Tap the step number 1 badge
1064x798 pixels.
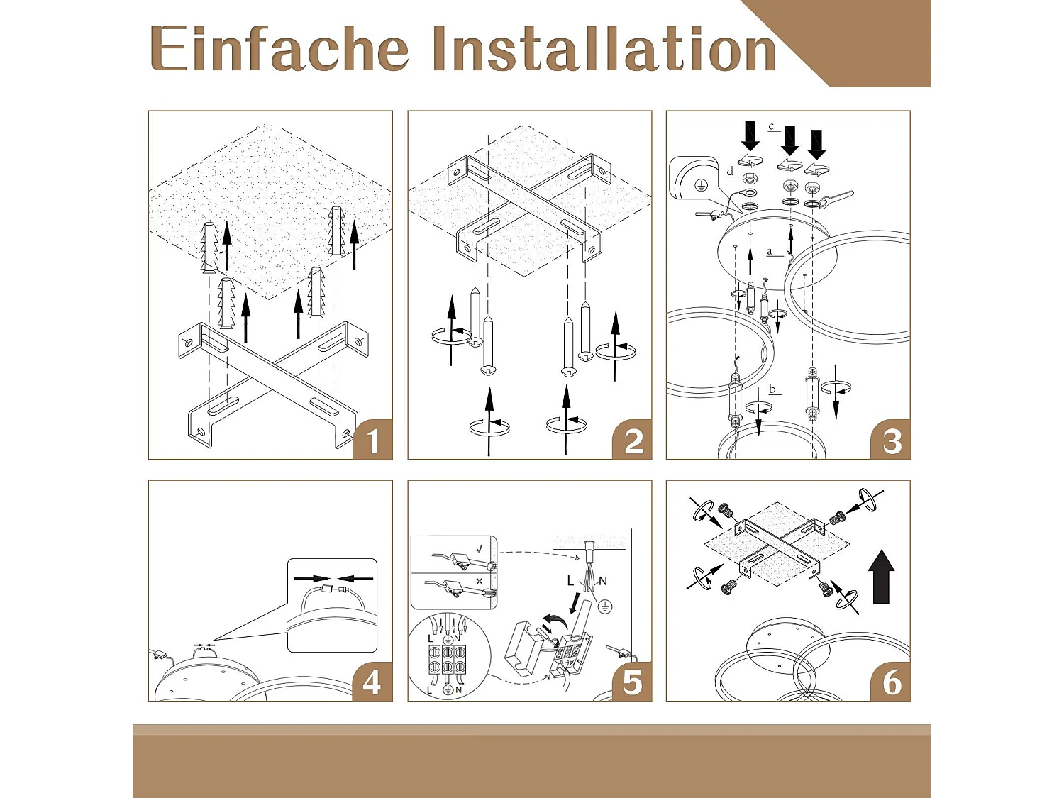[x=372, y=439]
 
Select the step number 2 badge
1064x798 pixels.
[x=631, y=439]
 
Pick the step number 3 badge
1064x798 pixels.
[x=890, y=439]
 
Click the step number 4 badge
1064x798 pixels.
[x=372, y=681]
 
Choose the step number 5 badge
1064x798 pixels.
[x=631, y=681]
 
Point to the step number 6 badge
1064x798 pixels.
[x=890, y=681]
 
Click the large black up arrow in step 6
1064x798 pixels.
[x=881, y=577]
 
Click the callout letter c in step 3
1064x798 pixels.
[x=771, y=127]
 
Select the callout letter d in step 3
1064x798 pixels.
[x=731, y=172]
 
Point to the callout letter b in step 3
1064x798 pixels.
[x=772, y=389]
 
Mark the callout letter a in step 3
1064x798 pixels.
[x=770, y=252]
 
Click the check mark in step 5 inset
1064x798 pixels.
[x=480, y=549]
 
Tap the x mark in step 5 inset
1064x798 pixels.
[x=480, y=580]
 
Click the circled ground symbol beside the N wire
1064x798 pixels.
[x=604, y=606]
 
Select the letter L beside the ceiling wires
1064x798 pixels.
[x=570, y=580]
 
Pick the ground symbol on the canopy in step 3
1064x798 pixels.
[x=699, y=184]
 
